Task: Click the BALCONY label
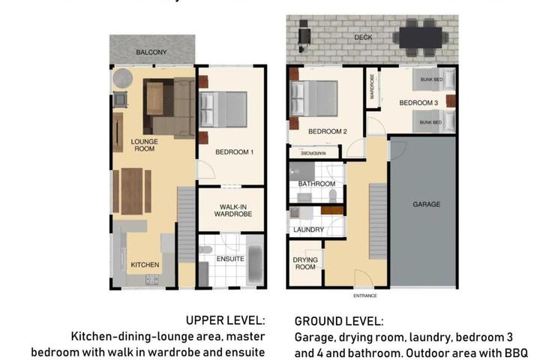tap(151, 52)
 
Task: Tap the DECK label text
tap(363, 37)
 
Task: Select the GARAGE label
tap(426, 204)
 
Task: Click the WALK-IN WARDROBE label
tap(233, 210)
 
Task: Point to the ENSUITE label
tap(230, 259)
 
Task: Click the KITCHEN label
tap(145, 265)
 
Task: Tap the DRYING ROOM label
tap(305, 263)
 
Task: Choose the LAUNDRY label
tap(308, 229)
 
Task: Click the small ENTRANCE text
tap(365, 295)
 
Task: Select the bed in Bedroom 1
tap(223, 109)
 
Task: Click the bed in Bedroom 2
tap(313, 98)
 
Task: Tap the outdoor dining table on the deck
tap(421, 37)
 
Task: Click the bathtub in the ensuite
tap(255, 261)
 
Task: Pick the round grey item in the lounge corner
tap(122, 79)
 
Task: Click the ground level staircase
tap(378, 221)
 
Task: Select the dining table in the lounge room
tap(132, 191)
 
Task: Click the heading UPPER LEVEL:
tap(226, 320)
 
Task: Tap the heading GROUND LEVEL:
tap(339, 321)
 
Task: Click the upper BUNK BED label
tap(431, 79)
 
